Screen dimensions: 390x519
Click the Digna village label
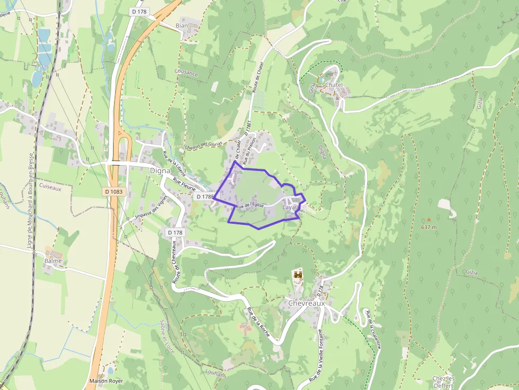[x=160, y=171]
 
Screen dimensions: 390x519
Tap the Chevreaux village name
[x=306, y=304]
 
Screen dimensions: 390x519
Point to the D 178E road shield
[x=204, y=197]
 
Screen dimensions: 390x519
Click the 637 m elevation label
[x=429, y=227]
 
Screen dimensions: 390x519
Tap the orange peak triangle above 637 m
[x=429, y=219]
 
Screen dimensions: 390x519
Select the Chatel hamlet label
[x=334, y=85]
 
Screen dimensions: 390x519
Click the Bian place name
[x=181, y=25]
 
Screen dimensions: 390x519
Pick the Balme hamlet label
[x=53, y=261]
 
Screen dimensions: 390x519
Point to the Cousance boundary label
[x=186, y=73]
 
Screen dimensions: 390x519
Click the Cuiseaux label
[x=51, y=187]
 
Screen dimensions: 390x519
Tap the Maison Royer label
[x=106, y=381]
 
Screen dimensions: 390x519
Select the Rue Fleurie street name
[x=185, y=185]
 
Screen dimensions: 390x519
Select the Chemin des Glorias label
[x=203, y=146]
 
